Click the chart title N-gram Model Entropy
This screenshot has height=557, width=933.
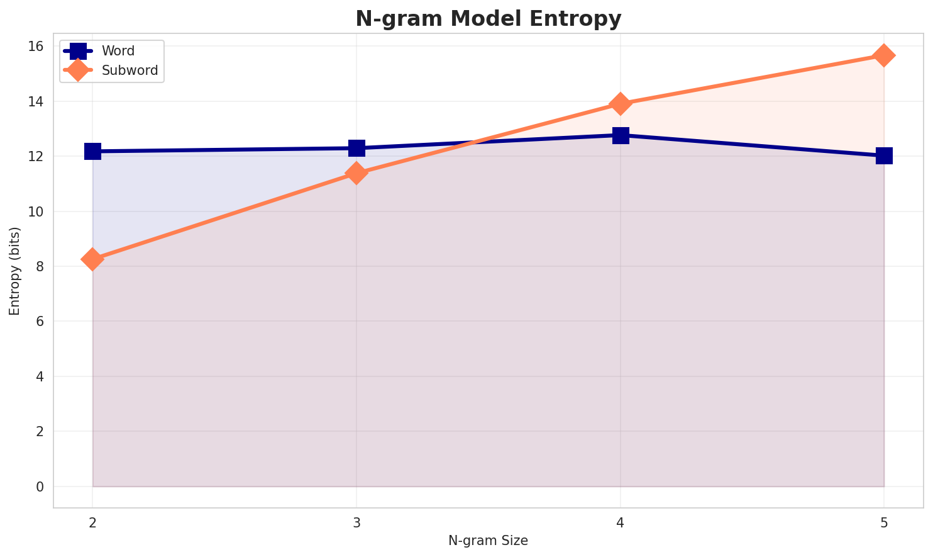(x=488, y=19)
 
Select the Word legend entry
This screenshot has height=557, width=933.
(x=118, y=51)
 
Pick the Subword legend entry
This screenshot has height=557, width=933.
(x=130, y=70)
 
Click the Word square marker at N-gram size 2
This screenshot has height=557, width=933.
(x=92, y=151)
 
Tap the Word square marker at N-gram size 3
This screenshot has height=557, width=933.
(x=356, y=148)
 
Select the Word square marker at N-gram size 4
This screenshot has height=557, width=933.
(x=621, y=135)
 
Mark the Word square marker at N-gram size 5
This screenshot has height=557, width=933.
(x=884, y=155)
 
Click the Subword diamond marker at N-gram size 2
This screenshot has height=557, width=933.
(x=92, y=259)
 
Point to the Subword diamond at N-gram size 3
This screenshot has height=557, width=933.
(x=356, y=173)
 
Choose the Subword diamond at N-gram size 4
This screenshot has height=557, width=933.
(x=621, y=104)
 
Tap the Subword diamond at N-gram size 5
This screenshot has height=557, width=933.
(x=884, y=55)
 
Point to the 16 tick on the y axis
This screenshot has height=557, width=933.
(x=36, y=47)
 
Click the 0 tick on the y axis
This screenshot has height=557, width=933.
(x=40, y=487)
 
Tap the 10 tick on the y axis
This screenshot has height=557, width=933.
(x=36, y=211)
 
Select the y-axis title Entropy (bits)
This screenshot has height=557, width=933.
(x=14, y=271)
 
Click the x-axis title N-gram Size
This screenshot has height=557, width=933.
(x=488, y=541)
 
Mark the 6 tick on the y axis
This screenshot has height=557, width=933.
(x=40, y=322)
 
